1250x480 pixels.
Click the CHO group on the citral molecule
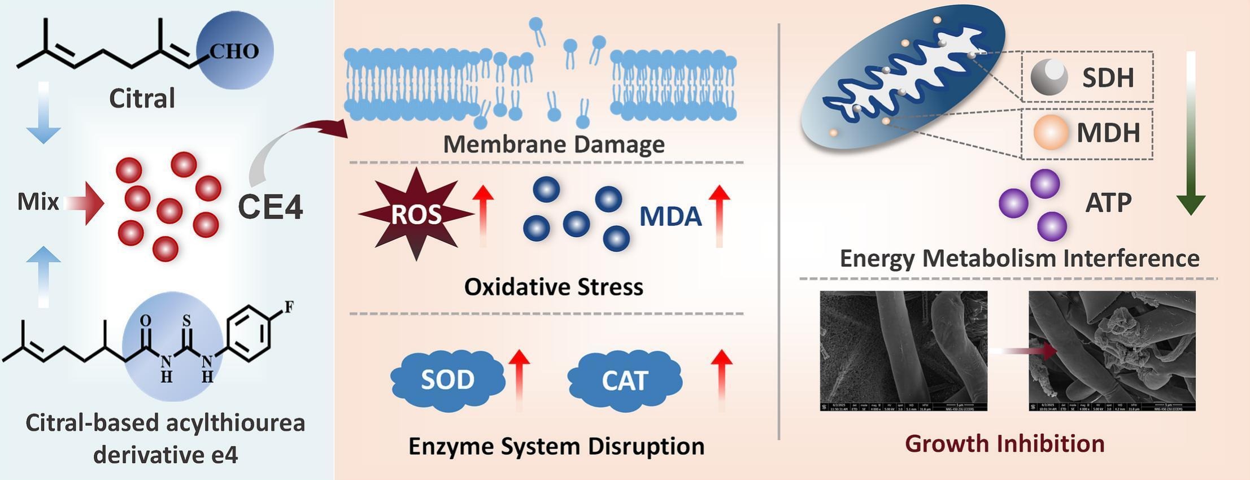(234, 51)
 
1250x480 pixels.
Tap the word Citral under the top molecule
(142, 99)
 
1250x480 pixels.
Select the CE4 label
(270, 207)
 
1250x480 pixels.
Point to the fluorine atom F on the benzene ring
(289, 307)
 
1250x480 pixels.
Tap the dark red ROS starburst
(416, 215)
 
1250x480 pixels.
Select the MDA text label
(670, 217)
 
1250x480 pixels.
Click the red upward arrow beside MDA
(719, 215)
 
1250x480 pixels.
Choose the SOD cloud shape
(447, 380)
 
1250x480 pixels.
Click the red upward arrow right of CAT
(721, 378)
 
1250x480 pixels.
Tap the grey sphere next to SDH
(1049, 77)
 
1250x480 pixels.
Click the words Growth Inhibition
(1004, 444)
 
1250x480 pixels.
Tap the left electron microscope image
(903, 350)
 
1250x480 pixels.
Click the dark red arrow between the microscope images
(1045, 351)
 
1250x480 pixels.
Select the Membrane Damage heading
(554, 145)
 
